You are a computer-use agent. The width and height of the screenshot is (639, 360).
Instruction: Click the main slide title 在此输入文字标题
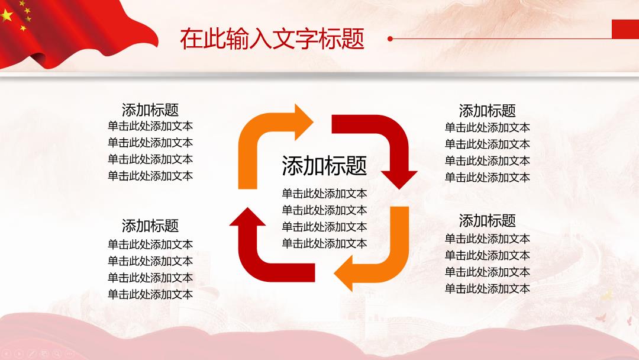coord(272,38)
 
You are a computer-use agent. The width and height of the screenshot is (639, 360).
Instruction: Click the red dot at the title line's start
coord(390,38)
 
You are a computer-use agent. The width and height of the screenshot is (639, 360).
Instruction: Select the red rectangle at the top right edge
coord(625,30)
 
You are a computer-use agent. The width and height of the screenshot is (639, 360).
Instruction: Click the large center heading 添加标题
coord(324,166)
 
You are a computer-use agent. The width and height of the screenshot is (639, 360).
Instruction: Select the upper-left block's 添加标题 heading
coord(150,110)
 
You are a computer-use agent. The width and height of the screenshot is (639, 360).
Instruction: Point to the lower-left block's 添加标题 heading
coord(150,226)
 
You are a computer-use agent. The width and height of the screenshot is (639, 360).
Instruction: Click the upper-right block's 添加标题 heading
coord(488,111)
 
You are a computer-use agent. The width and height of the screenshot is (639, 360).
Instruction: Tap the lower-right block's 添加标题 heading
coord(488,221)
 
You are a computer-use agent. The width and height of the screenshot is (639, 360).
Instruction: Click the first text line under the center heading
coord(324,193)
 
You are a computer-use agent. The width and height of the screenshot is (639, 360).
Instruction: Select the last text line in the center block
coord(324,243)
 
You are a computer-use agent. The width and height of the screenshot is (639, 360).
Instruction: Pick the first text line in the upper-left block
coord(150,126)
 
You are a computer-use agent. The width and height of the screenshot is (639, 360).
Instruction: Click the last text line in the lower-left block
coord(150,294)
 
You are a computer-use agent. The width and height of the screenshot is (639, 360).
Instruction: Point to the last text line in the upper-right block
coord(488,178)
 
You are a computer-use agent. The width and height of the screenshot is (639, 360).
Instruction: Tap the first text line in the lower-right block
coord(488,239)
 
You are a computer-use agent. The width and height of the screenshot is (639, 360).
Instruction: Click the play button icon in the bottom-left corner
coord(19,353)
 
